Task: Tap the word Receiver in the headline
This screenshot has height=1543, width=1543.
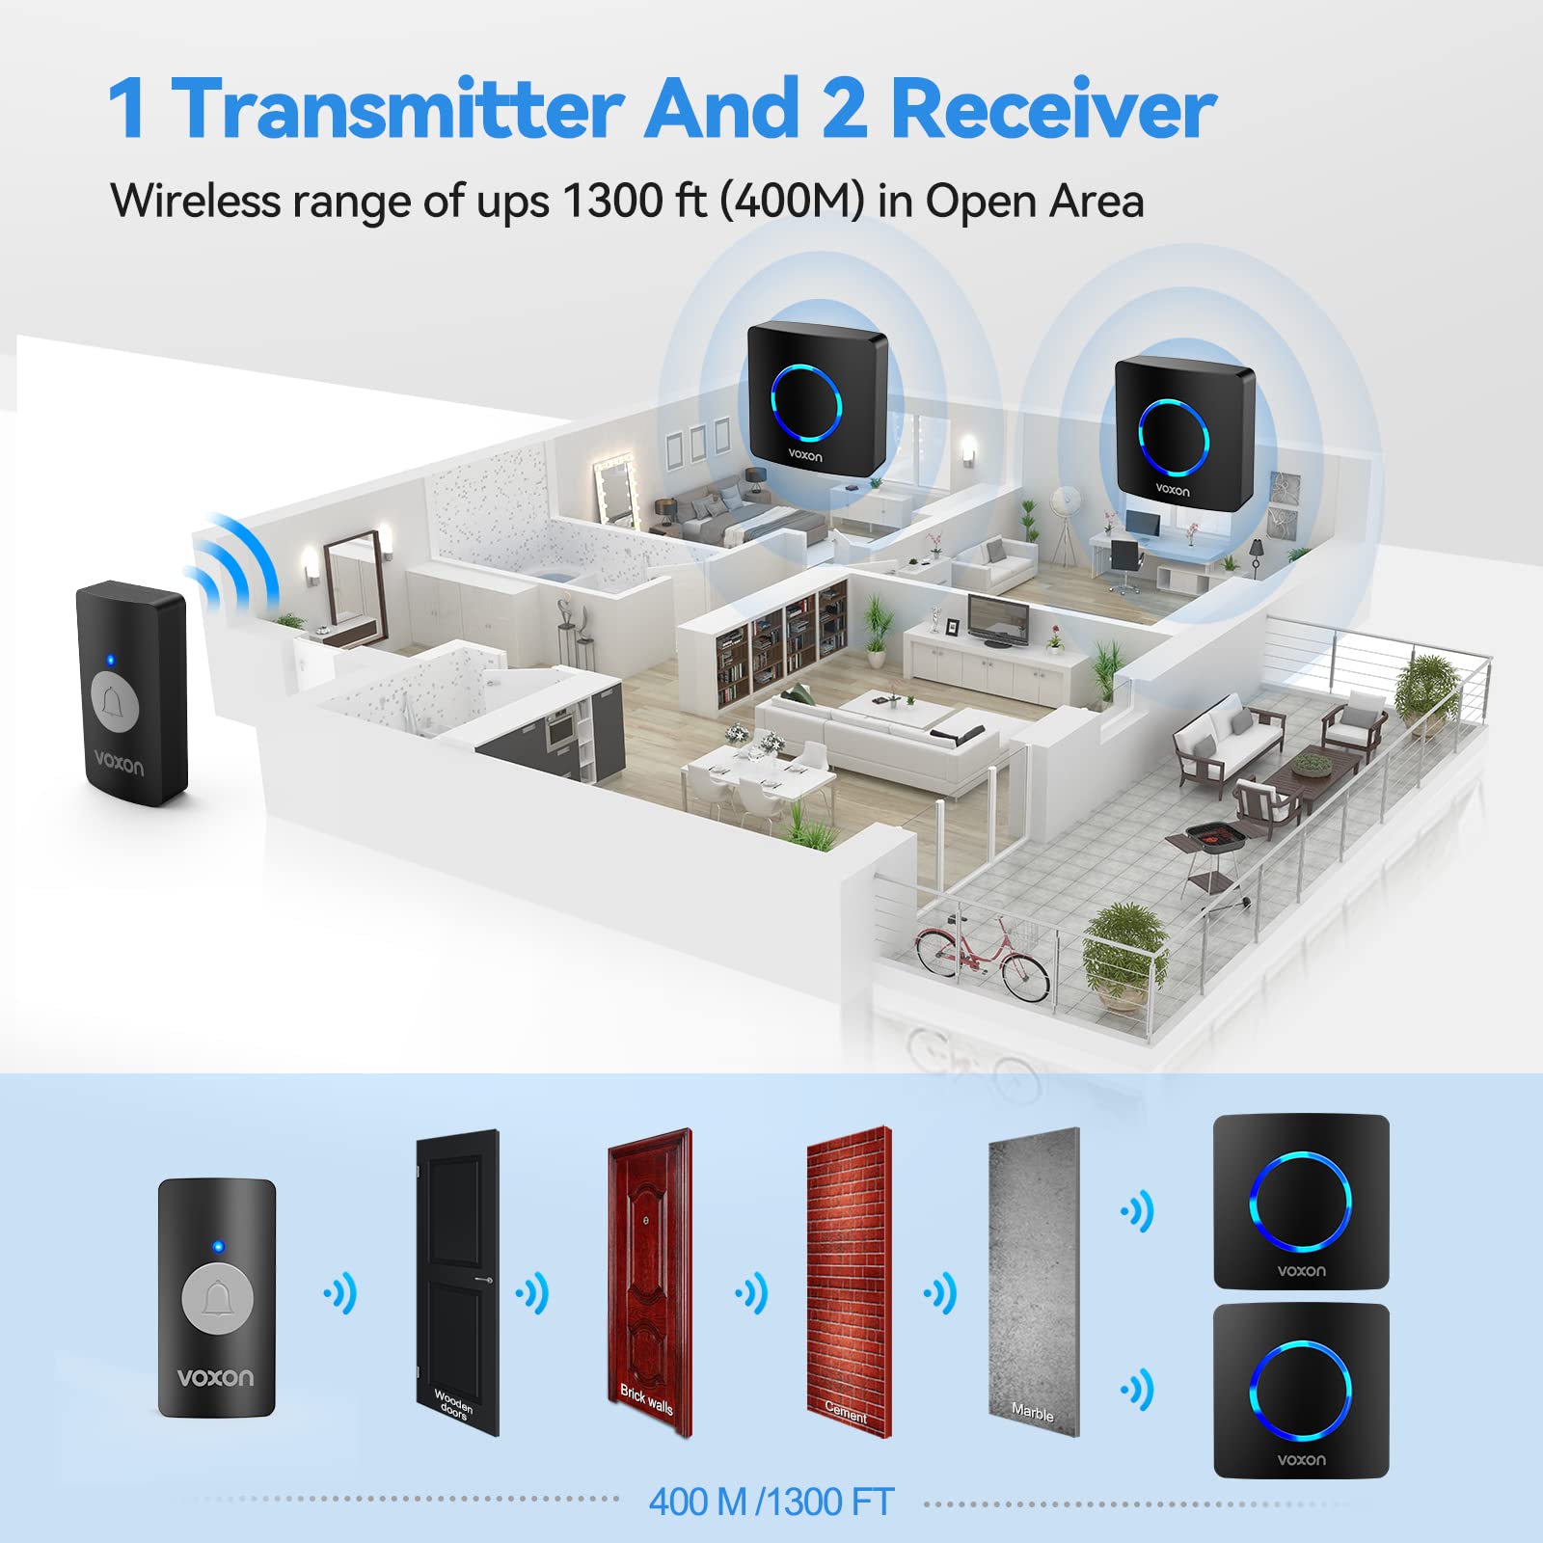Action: [1052, 109]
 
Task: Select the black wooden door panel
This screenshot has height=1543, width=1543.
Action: [457, 1282]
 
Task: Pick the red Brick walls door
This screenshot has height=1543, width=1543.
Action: [650, 1282]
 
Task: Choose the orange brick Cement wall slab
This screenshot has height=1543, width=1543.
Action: [849, 1282]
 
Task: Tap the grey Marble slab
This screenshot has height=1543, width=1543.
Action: [1034, 1282]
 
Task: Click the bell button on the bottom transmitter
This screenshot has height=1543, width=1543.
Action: [217, 1298]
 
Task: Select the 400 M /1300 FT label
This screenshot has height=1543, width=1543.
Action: [771, 1502]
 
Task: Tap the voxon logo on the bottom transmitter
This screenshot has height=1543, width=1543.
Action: [216, 1377]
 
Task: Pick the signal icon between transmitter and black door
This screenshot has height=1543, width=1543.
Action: [340, 1293]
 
